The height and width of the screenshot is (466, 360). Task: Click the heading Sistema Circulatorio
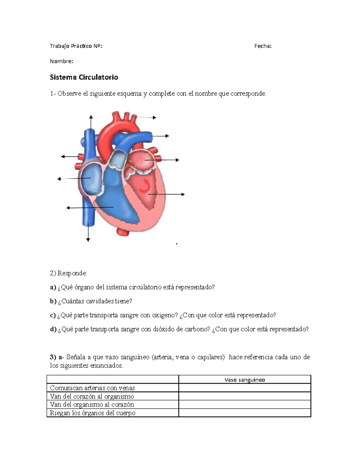click(x=84, y=77)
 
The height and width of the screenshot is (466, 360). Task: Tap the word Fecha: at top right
click(x=263, y=46)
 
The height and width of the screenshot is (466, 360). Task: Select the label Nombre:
click(x=61, y=61)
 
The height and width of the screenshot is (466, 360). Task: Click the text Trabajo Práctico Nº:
click(x=76, y=46)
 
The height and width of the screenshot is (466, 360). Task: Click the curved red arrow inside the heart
click(x=145, y=186)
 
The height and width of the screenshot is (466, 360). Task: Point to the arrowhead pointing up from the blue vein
click(x=91, y=117)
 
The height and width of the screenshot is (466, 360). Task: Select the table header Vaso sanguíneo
click(x=244, y=380)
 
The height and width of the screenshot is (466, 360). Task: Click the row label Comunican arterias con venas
click(x=92, y=388)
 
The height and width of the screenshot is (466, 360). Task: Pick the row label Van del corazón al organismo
click(x=92, y=396)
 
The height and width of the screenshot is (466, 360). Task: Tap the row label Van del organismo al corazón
click(x=92, y=404)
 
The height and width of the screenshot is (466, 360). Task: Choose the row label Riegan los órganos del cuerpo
click(x=92, y=413)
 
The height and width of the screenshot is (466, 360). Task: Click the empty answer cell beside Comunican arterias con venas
click(x=244, y=388)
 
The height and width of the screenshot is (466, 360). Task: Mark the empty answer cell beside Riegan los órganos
click(x=244, y=413)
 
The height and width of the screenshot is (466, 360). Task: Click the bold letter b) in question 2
click(x=53, y=301)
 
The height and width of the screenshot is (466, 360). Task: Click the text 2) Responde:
click(x=68, y=273)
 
